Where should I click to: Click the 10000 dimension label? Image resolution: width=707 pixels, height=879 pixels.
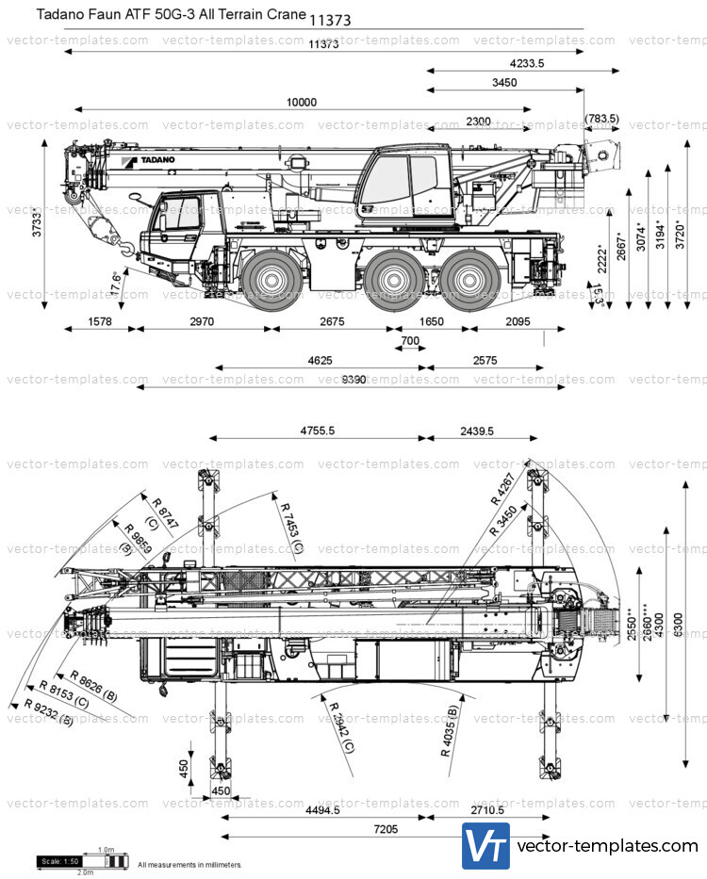[302, 103]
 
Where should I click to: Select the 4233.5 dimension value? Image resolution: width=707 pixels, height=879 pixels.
[526, 63]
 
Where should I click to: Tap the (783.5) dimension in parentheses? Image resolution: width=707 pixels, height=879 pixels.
[601, 119]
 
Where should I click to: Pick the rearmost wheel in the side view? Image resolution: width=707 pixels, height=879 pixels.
[469, 278]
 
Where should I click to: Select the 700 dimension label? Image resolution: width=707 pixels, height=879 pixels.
[410, 341]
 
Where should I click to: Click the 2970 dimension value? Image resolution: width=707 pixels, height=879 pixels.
[202, 322]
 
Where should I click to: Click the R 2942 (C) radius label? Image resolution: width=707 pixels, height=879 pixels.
[340, 726]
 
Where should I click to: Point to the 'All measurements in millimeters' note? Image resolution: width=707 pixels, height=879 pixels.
[190, 864]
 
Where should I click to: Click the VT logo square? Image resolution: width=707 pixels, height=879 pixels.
[485, 845]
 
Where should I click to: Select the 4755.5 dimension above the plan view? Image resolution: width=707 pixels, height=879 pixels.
[318, 431]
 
